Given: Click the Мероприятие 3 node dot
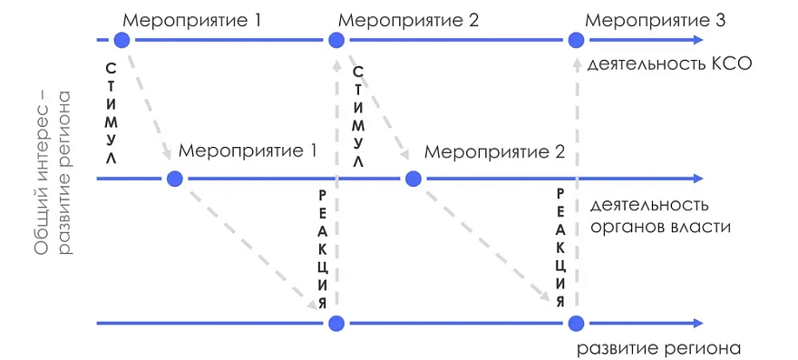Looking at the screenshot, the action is pos(576,40).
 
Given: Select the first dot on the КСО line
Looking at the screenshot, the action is pos(122,40).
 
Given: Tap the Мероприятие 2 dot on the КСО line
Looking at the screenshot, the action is pos(336,40).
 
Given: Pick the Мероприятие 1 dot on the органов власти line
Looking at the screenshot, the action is pos(174,179).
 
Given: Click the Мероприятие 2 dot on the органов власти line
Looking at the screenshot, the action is pos(413,179).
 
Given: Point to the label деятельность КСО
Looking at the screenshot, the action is pos(669,64).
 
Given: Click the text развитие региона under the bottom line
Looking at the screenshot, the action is pos(658,349).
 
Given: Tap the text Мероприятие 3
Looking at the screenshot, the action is pos(656,21).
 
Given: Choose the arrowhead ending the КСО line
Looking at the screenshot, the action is pos(697,40).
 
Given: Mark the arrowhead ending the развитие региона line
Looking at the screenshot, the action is pos(697,324).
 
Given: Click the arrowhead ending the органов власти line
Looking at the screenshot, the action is pos(697,179).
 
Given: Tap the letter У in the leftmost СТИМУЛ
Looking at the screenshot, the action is pos(112,140).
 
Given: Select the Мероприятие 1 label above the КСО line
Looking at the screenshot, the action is pos(193,21).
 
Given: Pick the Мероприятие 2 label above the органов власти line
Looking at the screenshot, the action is pos(495,151).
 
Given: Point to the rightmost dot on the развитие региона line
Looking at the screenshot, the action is pos(576,324).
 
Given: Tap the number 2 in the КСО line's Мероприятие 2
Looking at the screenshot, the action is pos(472,21).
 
